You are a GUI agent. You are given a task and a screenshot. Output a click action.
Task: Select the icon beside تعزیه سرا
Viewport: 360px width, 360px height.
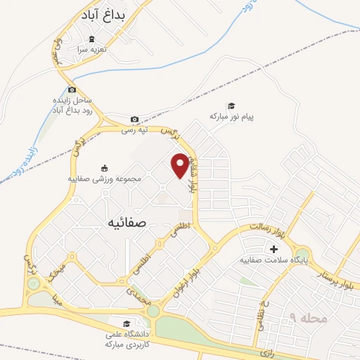tap(91, 40)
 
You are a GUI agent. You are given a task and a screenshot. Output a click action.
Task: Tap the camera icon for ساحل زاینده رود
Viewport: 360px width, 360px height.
tap(72, 89)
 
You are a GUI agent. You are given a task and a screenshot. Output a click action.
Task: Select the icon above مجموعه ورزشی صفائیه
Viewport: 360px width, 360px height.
tap(105, 167)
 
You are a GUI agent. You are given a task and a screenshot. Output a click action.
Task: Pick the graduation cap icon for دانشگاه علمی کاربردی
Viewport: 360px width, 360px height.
tap(126, 324)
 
